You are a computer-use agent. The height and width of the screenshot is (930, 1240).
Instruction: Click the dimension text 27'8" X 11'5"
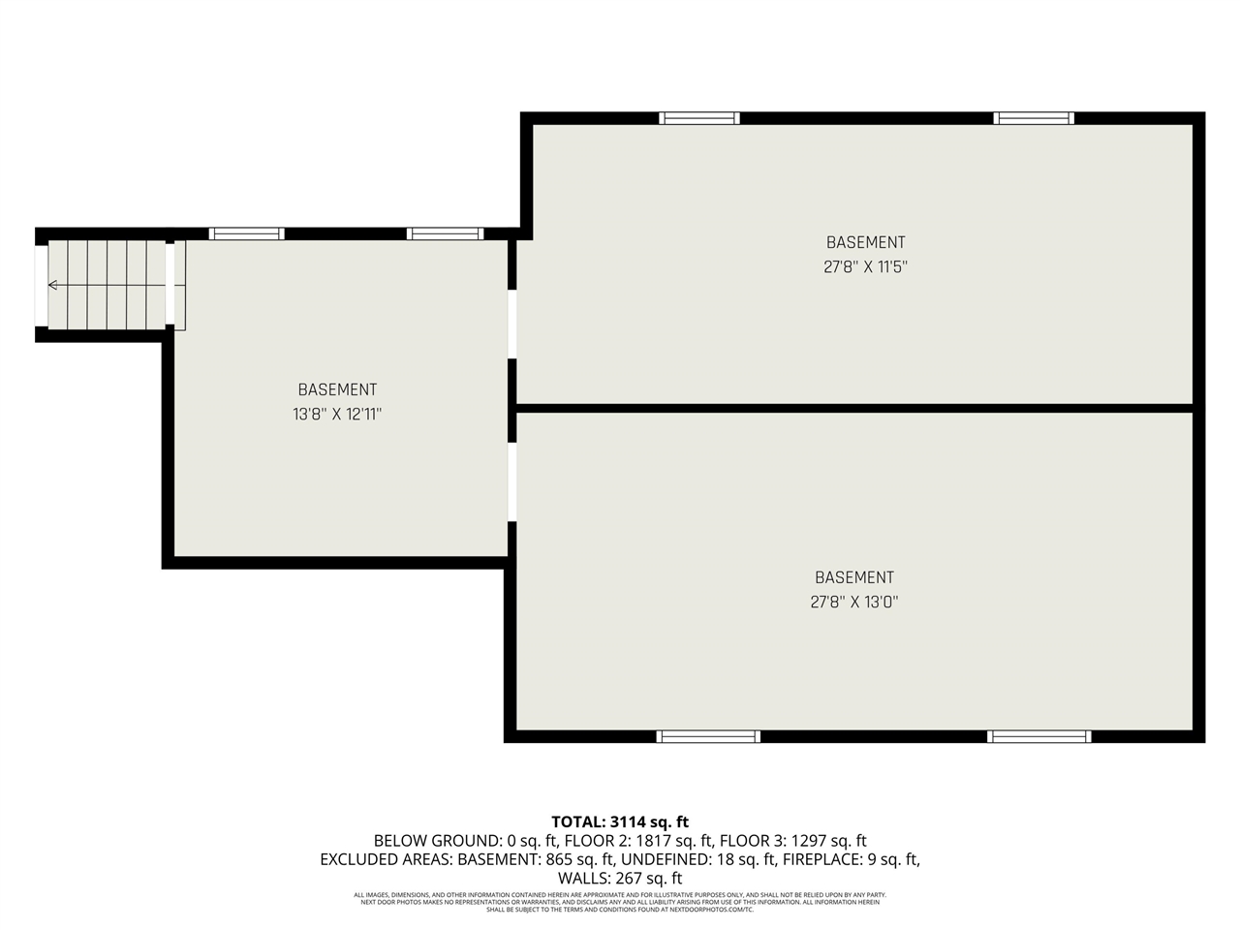pos(865,266)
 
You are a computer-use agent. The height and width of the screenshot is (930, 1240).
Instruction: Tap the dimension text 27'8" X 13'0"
pos(853,602)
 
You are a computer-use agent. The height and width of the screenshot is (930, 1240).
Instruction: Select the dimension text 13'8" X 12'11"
pos(337,414)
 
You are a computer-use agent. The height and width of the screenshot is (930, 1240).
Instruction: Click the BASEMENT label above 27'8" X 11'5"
pos(865,242)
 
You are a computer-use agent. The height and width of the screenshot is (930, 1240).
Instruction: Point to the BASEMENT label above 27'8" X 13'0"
pos(853,577)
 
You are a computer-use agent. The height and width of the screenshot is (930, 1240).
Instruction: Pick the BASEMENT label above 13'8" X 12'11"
pos(337,389)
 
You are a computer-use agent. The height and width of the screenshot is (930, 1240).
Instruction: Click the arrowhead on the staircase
pos(52,285)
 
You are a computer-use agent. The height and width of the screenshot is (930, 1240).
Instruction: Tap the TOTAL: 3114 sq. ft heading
pos(620,822)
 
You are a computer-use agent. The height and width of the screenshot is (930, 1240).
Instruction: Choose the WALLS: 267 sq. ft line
pos(620,878)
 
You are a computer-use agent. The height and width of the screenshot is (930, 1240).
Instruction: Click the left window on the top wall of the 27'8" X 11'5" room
pos(699,118)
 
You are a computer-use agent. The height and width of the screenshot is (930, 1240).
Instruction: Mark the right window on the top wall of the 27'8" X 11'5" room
pos(1034,118)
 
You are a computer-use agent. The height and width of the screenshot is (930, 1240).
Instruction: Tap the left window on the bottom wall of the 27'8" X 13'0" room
pos(708,736)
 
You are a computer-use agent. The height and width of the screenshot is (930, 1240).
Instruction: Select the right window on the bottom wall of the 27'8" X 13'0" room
pos(1038,736)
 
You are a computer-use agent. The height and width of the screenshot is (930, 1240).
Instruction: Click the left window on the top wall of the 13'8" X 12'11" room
pos(247,233)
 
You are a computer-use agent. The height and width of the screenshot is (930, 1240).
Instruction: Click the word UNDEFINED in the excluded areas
pos(666,859)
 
